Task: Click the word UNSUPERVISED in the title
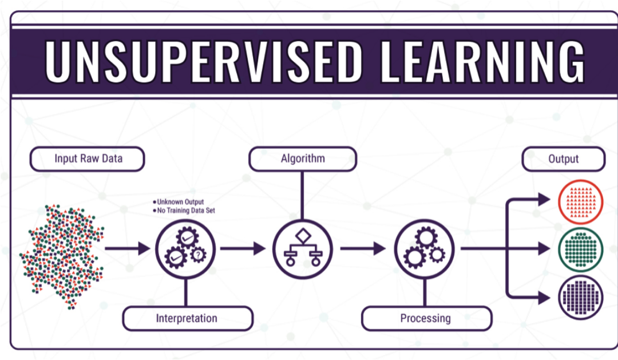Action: click(204, 61)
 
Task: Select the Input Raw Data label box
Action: click(88, 159)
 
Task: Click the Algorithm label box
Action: click(302, 159)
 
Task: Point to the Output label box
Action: click(563, 159)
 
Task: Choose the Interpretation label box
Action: click(187, 318)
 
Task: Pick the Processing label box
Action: click(426, 318)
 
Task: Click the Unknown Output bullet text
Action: click(180, 202)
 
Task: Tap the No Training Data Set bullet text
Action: click(186, 211)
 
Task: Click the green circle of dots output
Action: click(580, 249)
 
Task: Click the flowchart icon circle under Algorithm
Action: click(302, 249)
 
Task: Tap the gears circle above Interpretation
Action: click(185, 249)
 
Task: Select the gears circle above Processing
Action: click(425, 249)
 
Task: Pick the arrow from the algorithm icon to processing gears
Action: click(363, 249)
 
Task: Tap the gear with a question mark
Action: click(198, 254)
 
